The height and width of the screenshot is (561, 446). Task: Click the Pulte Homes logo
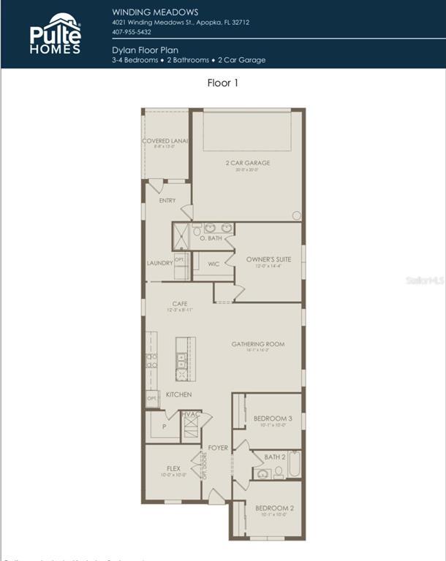coord(56,34)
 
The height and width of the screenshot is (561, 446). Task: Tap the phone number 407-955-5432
coord(132,32)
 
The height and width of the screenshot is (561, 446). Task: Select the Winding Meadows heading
coord(155,12)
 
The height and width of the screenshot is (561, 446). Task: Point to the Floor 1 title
coord(223,83)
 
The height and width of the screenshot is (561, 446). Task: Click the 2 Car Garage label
coord(248,163)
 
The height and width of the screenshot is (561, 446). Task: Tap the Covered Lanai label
coord(165,141)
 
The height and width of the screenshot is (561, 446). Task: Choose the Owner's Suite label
coord(268,259)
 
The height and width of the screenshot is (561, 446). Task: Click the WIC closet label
coord(213,264)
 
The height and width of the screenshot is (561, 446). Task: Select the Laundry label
coord(159,263)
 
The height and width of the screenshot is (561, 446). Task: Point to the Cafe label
coord(180,304)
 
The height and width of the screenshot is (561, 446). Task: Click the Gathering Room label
coord(258,344)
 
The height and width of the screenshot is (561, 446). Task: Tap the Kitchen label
coord(178,394)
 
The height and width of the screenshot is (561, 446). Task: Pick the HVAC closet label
coord(191,414)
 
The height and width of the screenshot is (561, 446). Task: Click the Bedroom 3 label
coord(273,419)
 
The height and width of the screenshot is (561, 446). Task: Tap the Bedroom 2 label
coord(274,508)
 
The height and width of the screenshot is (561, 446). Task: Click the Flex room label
coord(173,469)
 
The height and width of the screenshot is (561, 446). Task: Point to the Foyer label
coord(218,448)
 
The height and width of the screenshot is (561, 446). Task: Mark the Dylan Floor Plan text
coord(145,50)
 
